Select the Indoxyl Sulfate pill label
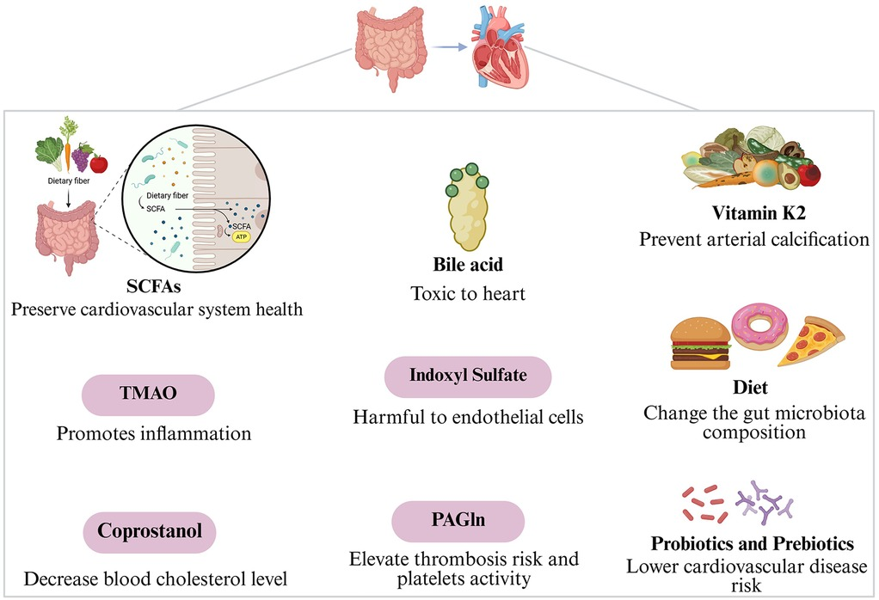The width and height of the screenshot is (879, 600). coord(467,377)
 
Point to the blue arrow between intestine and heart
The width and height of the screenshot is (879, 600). coord(445,49)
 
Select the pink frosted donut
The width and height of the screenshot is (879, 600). coord(759,328)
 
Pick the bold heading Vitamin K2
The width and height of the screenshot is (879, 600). coord(754,212)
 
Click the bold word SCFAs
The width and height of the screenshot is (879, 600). coord(156,285)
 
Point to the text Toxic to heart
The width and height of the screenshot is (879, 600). coord(467,294)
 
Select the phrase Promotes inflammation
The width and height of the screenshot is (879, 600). coord(154,433)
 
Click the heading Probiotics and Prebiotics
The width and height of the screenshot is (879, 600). coord(752,544)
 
